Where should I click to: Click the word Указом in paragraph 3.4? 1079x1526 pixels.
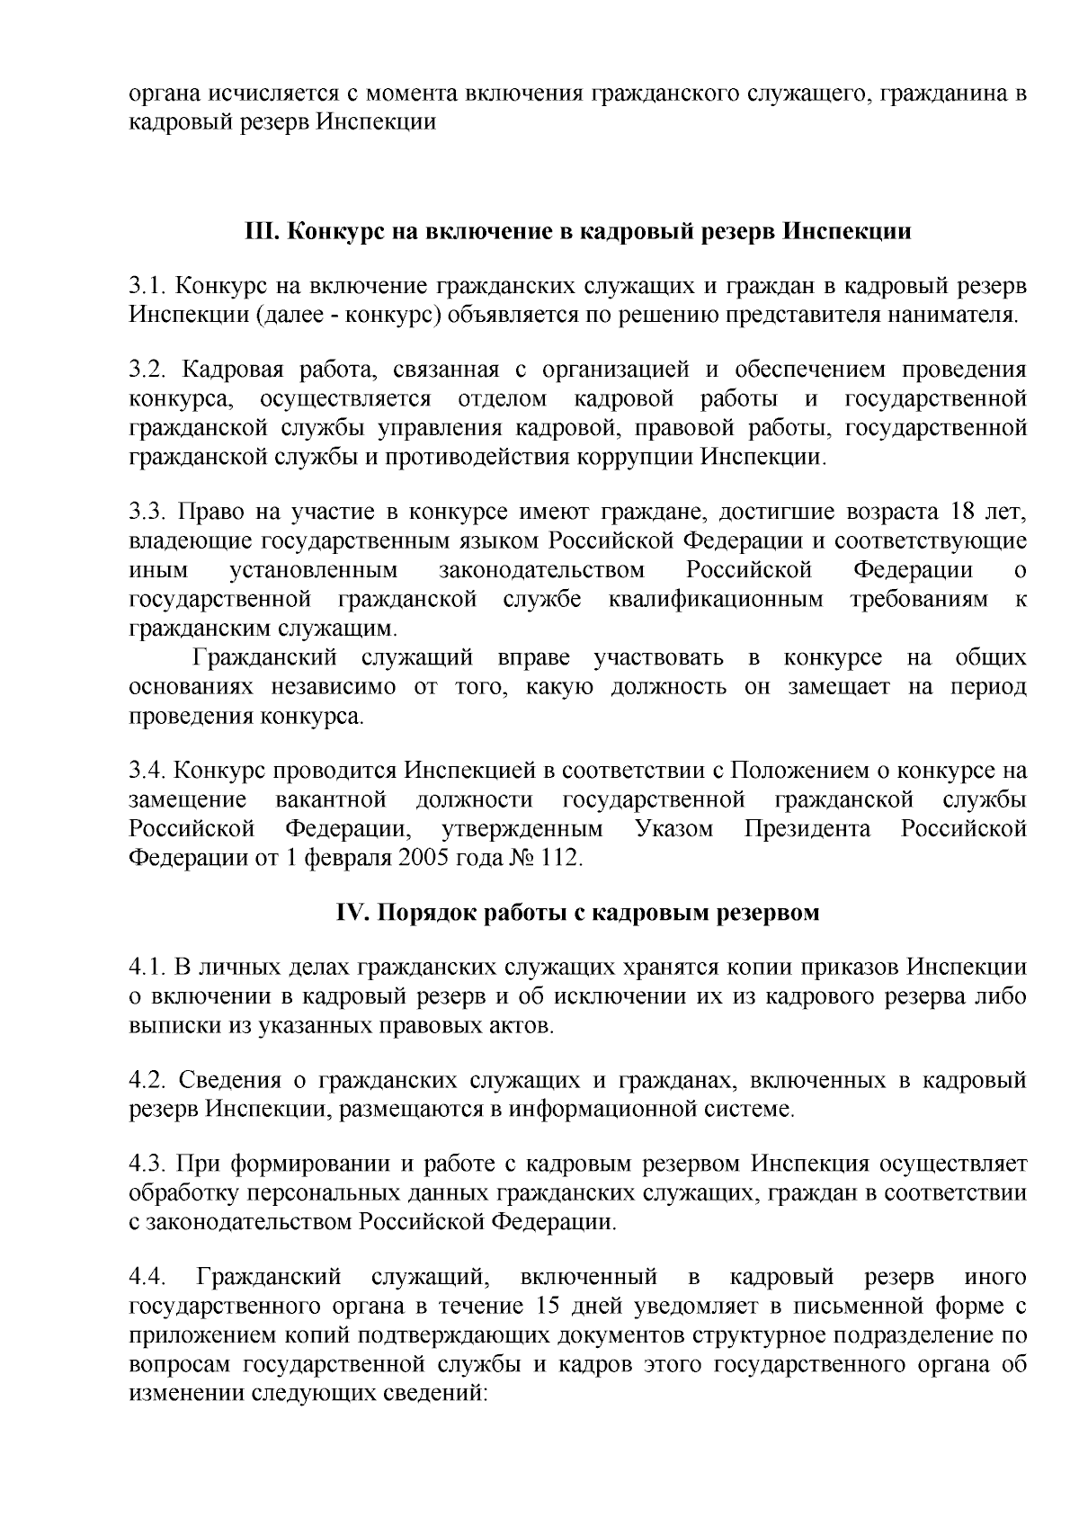click(x=674, y=828)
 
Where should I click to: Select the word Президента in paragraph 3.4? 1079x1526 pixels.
click(x=807, y=828)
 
